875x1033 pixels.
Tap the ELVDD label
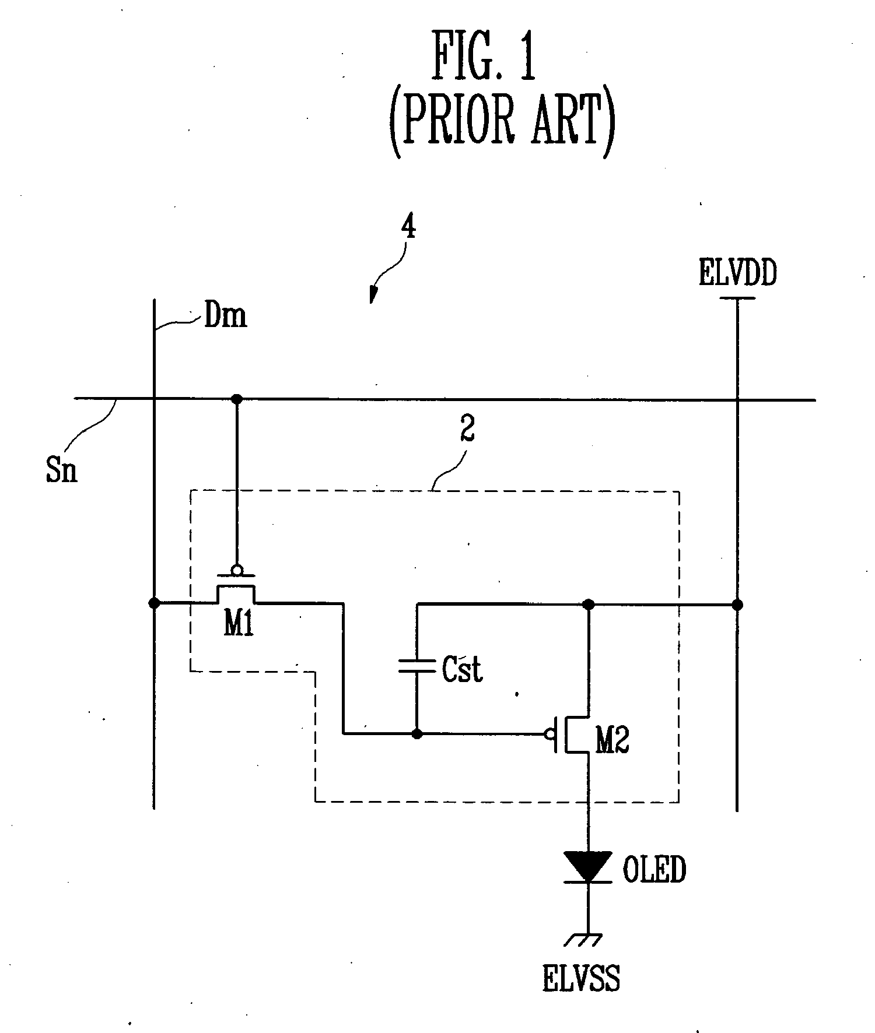coord(737,274)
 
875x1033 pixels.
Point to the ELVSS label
coord(581,979)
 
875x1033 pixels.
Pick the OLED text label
coord(654,870)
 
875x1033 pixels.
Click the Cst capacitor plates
coord(417,666)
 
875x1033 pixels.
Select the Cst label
coord(462,669)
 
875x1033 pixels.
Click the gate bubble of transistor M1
coord(236,569)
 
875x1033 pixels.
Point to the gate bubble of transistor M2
coord(548,734)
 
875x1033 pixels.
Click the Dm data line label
coord(225,317)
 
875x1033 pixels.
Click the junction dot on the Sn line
coord(236,399)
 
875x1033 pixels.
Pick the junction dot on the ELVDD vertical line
coord(737,605)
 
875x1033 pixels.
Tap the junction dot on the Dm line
coord(154,603)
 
